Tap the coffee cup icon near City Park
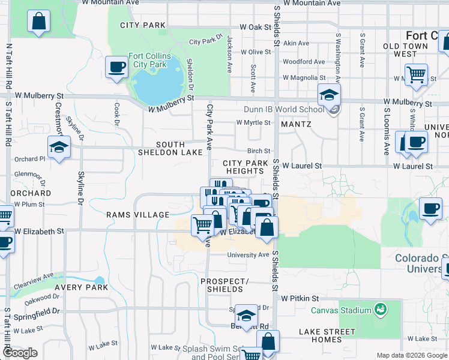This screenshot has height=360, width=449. point(116,67)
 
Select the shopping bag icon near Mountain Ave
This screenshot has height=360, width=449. point(38,22)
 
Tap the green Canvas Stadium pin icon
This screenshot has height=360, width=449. point(379,310)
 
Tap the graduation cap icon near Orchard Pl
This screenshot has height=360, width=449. point(59,148)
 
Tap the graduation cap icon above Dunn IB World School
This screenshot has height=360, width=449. point(329,94)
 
